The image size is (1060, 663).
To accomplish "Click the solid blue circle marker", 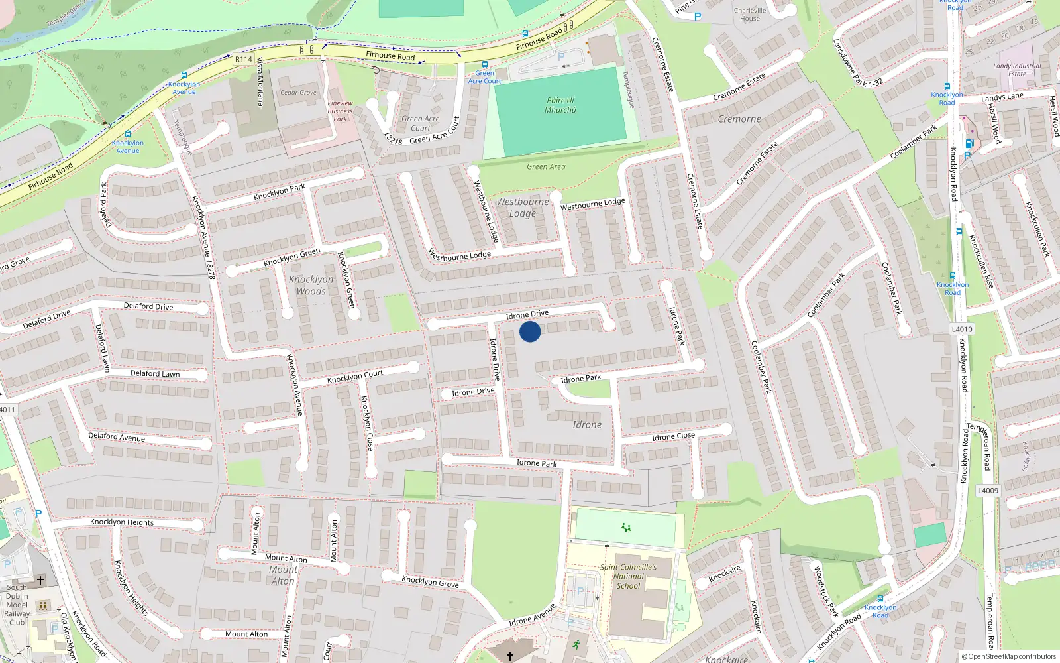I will pyautogui.click(x=530, y=331).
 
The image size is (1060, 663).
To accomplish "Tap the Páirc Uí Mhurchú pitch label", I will pyautogui.click(x=560, y=105).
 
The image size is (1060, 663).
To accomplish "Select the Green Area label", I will pyautogui.click(x=546, y=167).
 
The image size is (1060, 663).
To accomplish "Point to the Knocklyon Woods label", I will pyautogui.click(x=311, y=285).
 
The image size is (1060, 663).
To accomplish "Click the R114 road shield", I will pyautogui.click(x=244, y=59).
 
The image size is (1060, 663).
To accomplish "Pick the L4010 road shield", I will pyautogui.click(x=962, y=329).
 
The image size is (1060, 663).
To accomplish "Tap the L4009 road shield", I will pyautogui.click(x=988, y=491).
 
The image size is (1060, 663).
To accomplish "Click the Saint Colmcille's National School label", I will pyautogui.click(x=628, y=576).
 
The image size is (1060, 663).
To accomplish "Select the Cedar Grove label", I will pyautogui.click(x=298, y=93).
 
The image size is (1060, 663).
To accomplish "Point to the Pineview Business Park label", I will pyautogui.click(x=340, y=111).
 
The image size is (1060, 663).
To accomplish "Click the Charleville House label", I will pyautogui.click(x=750, y=14).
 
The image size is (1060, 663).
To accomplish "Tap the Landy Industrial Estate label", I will pyautogui.click(x=1017, y=70).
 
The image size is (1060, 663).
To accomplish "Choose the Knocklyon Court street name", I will pyautogui.click(x=355, y=377).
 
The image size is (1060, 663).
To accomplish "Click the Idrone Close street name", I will pyautogui.click(x=673, y=436).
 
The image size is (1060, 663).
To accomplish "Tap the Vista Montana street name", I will pyautogui.click(x=260, y=82).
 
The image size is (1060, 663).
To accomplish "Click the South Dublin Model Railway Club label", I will pyautogui.click(x=17, y=605).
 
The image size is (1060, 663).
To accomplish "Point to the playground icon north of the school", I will pyautogui.click(x=626, y=528).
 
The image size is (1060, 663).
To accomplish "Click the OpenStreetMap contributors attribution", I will pyautogui.click(x=1009, y=656).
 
